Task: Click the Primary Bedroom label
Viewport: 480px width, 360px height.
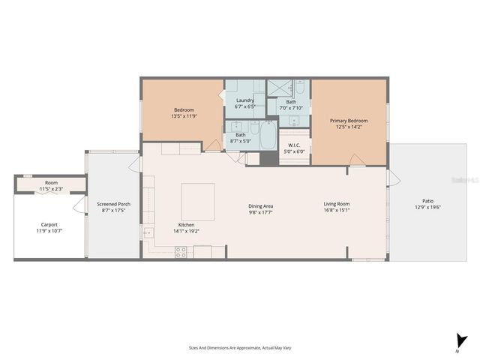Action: (349, 120)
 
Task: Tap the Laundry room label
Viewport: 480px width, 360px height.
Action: (245, 100)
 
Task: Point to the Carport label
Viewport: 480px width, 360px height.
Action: (49, 224)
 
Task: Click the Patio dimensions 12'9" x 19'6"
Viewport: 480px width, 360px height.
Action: (427, 208)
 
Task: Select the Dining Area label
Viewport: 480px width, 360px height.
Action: (261, 205)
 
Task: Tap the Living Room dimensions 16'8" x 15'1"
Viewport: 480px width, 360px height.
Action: (337, 211)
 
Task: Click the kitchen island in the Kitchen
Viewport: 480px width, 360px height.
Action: (198, 200)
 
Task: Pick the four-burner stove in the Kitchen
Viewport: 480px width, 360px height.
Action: (181, 253)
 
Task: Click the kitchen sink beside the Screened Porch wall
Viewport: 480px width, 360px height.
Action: (147, 235)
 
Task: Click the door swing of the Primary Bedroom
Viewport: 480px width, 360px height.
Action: (357, 159)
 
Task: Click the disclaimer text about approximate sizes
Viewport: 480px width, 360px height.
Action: (239, 348)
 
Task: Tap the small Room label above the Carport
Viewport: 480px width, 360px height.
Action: (51, 183)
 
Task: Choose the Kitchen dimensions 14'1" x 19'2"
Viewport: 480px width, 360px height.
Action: (187, 232)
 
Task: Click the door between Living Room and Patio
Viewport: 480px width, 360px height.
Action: (391, 177)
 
